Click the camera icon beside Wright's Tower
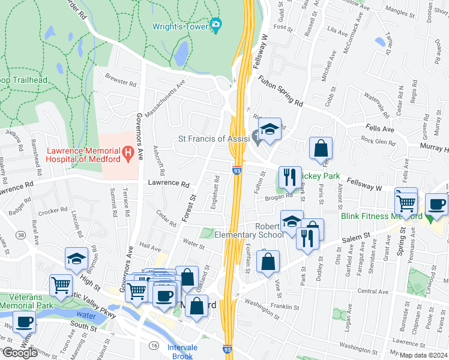tap(215, 24)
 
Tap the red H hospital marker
tap(127, 154)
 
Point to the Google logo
tap(19, 353)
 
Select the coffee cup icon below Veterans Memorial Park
tap(24, 321)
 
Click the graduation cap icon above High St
tap(76, 258)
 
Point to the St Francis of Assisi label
tap(214, 139)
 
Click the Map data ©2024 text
tap(423, 355)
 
